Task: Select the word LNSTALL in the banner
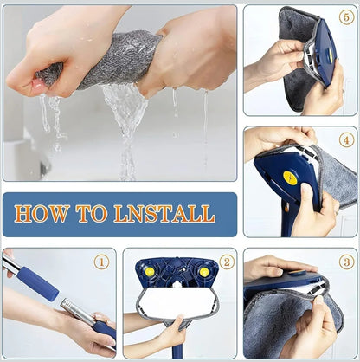[x=164, y=214]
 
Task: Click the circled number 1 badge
[x=102, y=261]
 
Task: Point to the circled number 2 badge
[x=226, y=261]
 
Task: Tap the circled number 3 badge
[x=345, y=261]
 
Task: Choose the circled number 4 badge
[x=345, y=139]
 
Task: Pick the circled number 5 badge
[x=345, y=17]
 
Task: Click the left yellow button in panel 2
[x=150, y=271]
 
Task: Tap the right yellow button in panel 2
[x=203, y=271]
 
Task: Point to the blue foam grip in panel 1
[x=35, y=281]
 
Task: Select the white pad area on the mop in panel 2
[x=177, y=303]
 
